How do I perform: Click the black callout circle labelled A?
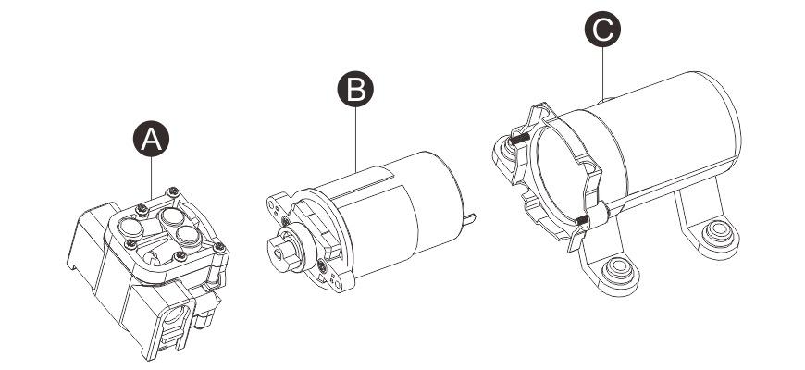(152, 140)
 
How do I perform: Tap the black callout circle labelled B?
(355, 90)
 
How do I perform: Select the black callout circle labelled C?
(602, 30)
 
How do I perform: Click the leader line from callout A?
(152, 176)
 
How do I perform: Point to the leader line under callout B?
(355, 134)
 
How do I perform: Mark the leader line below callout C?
(602, 69)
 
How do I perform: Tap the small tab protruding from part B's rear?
(473, 218)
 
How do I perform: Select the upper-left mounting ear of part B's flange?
(276, 200)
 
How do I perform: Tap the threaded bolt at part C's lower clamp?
(580, 219)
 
